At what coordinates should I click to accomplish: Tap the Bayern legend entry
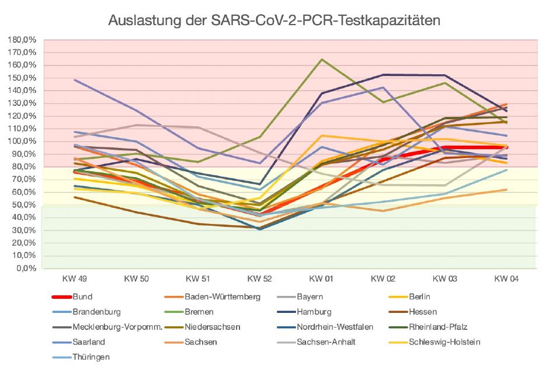310,297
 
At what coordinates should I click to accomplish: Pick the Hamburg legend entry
314,312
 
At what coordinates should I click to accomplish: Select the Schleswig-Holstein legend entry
444,342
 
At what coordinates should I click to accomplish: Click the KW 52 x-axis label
259,278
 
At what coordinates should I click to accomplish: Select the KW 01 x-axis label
321,278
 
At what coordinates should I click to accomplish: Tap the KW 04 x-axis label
506,278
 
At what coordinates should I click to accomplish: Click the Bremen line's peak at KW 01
321,59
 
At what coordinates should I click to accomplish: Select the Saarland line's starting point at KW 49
74,80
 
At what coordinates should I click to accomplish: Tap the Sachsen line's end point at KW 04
506,189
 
